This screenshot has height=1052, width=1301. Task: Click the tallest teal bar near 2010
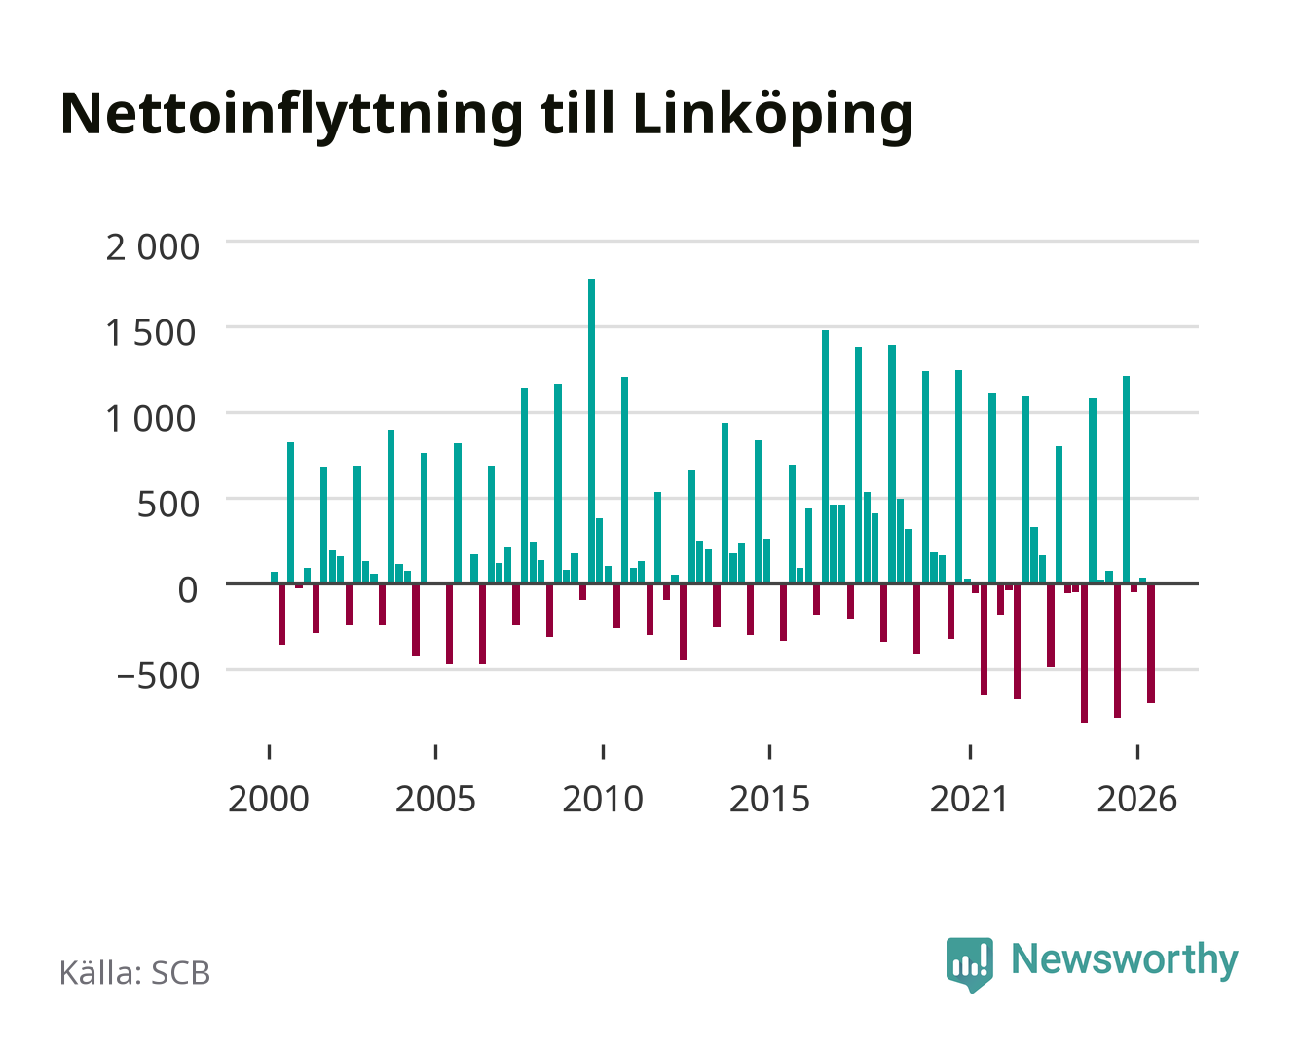(x=591, y=431)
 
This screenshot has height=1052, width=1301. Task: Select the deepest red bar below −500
(x=1084, y=653)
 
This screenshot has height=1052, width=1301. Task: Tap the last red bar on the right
(x=1150, y=643)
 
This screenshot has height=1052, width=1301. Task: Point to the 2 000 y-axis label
(x=153, y=247)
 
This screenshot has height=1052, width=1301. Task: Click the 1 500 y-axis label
(x=151, y=333)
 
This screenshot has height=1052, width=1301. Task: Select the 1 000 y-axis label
(x=151, y=419)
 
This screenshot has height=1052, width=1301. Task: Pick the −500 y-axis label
(x=158, y=676)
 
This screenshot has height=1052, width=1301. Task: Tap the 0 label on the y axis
(x=188, y=590)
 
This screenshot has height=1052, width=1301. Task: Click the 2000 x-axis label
(x=269, y=799)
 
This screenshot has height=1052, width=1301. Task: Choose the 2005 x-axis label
(x=435, y=799)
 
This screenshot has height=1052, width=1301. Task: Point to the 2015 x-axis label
(x=769, y=799)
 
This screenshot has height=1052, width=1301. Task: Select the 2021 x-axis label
(x=969, y=799)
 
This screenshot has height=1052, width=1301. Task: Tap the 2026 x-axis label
(x=1136, y=799)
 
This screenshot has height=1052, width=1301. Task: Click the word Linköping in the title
(x=772, y=116)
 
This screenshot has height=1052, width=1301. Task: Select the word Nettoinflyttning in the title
(x=292, y=116)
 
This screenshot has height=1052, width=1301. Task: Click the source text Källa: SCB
(x=135, y=973)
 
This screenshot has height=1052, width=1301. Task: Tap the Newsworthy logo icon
(x=969, y=964)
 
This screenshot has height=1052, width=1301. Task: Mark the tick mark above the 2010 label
(x=603, y=751)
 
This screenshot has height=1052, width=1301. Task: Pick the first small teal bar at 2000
(x=274, y=578)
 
